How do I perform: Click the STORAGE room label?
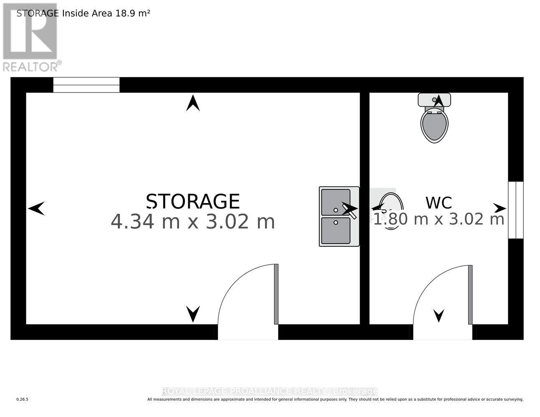click(x=193, y=201)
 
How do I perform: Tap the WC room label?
click(x=439, y=203)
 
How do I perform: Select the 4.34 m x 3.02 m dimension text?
click(x=193, y=221)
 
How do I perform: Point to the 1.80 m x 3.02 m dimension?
click(x=439, y=219)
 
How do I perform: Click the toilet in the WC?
click(x=434, y=124)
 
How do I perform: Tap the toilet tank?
click(x=434, y=100)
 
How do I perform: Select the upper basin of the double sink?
click(x=336, y=202)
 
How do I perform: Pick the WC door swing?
click(x=443, y=297)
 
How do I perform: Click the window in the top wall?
click(x=86, y=85)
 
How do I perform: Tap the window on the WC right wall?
click(x=516, y=210)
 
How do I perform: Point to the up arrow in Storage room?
click(x=193, y=103)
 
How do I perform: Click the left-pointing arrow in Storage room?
click(x=36, y=208)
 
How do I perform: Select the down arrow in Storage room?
click(x=193, y=314)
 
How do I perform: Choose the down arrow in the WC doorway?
click(x=439, y=315)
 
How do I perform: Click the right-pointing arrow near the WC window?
click(x=500, y=208)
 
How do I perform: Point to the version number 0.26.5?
click(x=22, y=399)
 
